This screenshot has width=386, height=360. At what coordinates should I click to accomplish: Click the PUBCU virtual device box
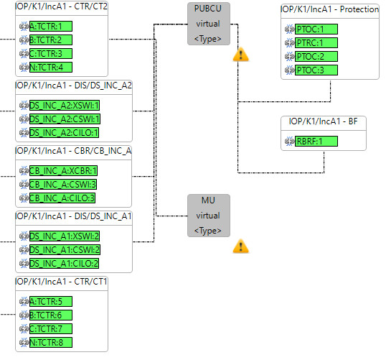point(209,24)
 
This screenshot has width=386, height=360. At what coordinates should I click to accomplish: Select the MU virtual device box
point(209,216)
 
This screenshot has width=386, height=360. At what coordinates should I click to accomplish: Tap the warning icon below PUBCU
point(241,54)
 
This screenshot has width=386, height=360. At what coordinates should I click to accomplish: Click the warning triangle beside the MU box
point(241,246)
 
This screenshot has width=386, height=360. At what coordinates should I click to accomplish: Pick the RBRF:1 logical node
point(316,142)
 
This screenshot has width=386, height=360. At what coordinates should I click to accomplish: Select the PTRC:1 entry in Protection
point(316,43)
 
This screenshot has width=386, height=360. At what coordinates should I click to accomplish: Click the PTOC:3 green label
point(316,70)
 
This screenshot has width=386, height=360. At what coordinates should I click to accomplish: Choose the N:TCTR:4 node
point(51,68)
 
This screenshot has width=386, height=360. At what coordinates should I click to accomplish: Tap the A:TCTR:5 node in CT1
point(51,302)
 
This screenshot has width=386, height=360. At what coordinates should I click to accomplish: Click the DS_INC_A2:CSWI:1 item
point(65,119)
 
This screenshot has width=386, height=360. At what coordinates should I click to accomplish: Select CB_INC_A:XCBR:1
point(63,170)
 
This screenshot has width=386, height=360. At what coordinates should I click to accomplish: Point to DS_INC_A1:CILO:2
point(64,263)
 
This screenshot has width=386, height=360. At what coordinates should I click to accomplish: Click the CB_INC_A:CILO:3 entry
point(62,198)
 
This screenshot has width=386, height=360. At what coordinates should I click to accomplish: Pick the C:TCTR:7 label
point(51,328)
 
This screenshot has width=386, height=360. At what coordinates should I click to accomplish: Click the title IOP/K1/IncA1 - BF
point(324,121)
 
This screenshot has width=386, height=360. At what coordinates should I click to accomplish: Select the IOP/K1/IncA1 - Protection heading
point(330,9)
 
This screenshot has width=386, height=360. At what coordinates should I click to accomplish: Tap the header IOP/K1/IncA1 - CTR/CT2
point(62,6)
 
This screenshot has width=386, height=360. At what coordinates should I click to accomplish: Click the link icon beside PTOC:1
point(290,29)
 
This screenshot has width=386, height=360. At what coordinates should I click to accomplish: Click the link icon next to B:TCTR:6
point(24,315)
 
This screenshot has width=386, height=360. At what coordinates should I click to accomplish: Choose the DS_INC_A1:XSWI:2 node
point(65,236)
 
